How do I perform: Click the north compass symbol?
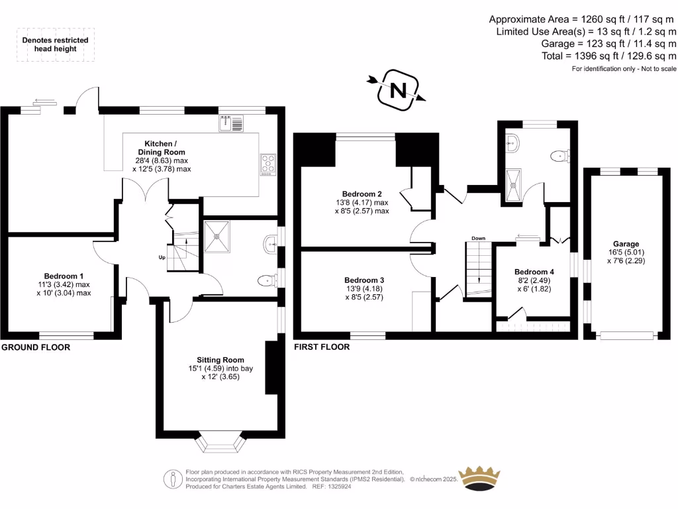(399, 89)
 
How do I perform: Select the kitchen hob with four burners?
(268, 164)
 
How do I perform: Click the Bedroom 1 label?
(64, 276)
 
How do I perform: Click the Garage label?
(626, 244)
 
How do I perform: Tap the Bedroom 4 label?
(534, 272)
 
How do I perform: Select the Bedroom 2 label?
(362, 194)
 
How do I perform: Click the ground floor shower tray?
(217, 237)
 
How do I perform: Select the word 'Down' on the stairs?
(479, 238)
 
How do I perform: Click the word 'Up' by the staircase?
(162, 257)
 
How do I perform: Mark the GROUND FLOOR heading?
(36, 347)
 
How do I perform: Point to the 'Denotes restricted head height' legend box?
(56, 44)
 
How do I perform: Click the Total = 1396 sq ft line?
(608, 56)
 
